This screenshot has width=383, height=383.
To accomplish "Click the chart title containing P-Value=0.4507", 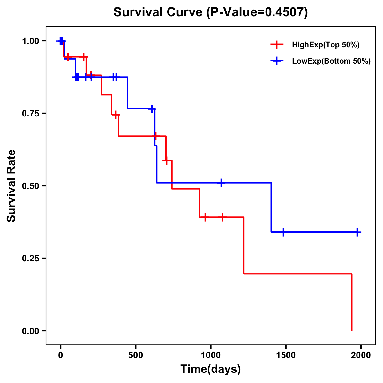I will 211,12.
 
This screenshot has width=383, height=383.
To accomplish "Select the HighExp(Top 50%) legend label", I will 326,45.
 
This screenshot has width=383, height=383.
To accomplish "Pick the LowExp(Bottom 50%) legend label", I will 331,61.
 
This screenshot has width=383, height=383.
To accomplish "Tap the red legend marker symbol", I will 277,45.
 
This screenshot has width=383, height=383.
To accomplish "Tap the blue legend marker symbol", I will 277,61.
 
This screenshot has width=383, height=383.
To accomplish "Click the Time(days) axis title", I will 211,369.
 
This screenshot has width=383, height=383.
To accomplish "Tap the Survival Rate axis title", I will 11,186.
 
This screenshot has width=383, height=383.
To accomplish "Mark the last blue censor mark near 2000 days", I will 357,232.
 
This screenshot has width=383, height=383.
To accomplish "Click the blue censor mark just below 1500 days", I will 283,232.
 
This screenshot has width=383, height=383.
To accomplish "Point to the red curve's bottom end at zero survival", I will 352,330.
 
